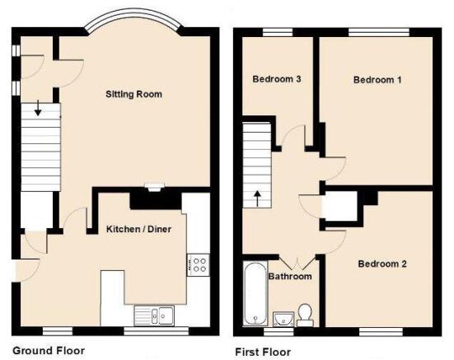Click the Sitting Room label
(133, 94)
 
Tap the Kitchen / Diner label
(138, 229)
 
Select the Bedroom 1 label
(377, 80)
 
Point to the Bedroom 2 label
(382, 264)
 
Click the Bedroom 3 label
(277, 79)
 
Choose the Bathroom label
(290, 276)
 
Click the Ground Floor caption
(49, 351)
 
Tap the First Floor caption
(263, 353)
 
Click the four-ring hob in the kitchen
(199, 265)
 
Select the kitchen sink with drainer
(154, 316)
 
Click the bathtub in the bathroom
(255, 293)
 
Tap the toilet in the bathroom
(305, 315)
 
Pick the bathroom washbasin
(283, 319)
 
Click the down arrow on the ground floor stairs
(38, 108)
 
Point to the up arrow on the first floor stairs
(257, 199)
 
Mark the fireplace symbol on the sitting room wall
(155, 187)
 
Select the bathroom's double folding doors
(297, 263)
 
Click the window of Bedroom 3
(278, 32)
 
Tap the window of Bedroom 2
(381, 332)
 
